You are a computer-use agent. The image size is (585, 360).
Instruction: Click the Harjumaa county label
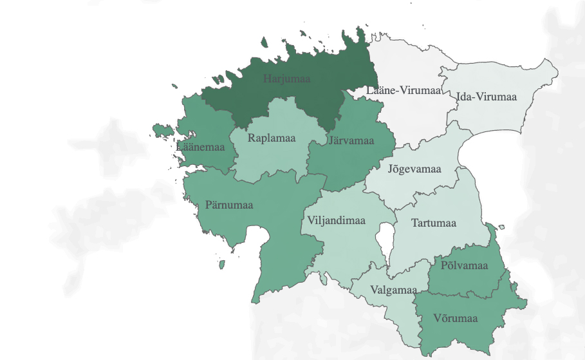[x=287, y=79]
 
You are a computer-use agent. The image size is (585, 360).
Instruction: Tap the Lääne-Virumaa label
[x=403, y=90]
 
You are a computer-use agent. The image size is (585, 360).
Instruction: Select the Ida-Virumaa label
[x=487, y=97]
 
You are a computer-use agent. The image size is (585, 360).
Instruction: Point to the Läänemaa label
[x=200, y=147]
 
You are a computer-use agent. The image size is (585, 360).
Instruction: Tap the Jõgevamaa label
[x=414, y=169]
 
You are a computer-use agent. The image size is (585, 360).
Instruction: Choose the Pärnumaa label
[x=229, y=205]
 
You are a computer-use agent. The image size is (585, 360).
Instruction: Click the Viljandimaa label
[x=336, y=221]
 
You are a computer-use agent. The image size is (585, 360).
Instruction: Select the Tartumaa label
[x=434, y=223]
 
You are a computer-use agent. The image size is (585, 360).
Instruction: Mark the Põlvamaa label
[x=465, y=265]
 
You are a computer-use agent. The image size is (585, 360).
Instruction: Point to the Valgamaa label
[x=394, y=289]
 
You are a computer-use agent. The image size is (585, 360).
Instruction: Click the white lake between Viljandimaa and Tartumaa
[x=386, y=242]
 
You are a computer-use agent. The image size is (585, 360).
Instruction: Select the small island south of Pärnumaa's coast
[x=222, y=264]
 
